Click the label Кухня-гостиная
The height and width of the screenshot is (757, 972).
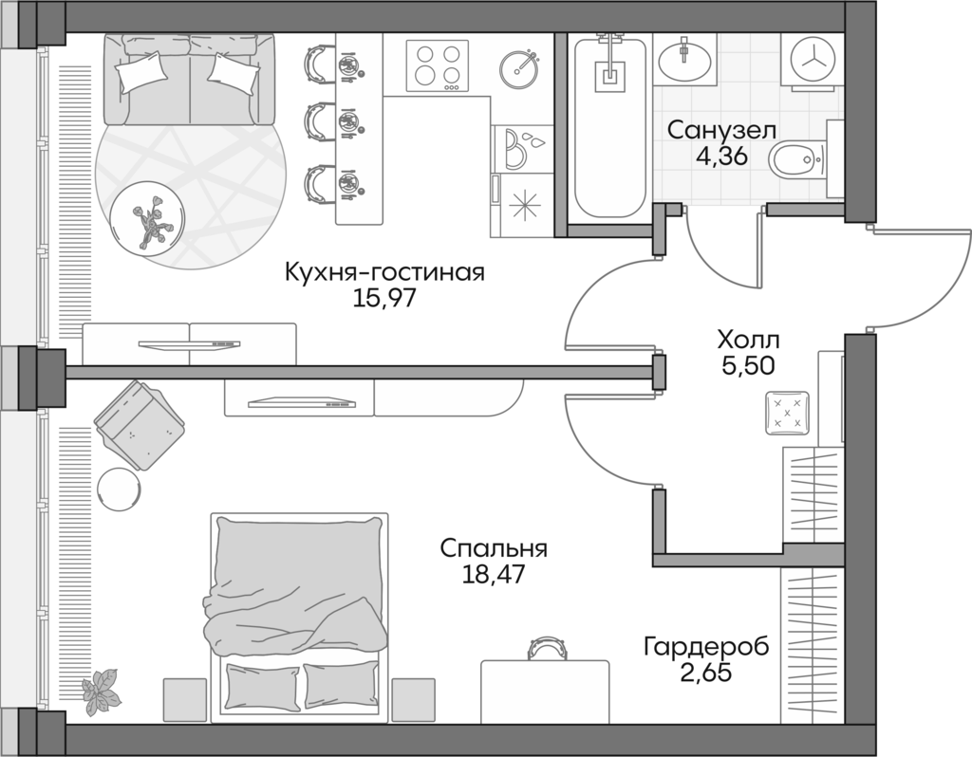tap(384, 273)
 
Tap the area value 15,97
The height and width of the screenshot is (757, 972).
tap(384, 299)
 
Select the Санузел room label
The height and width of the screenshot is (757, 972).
tap(721, 130)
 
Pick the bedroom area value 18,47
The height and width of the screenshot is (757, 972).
tap(494, 574)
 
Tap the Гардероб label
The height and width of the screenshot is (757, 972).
tap(705, 648)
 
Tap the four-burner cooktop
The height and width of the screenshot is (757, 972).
tap(438, 65)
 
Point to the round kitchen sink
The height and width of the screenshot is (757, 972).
tap(519, 65)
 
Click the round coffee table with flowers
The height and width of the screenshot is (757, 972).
tap(147, 216)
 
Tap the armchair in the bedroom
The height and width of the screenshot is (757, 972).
tap(139, 424)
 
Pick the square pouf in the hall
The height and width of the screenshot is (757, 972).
tap(788, 413)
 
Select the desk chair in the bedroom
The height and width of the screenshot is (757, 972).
tap(546, 649)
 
